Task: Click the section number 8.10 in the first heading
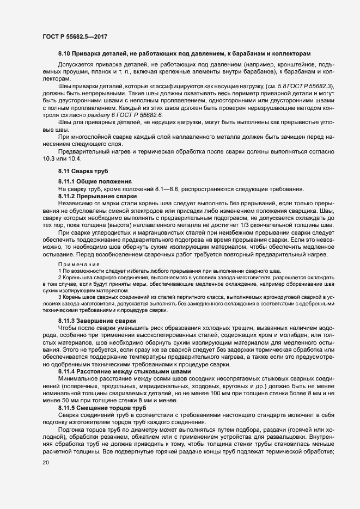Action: [x=64, y=54]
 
